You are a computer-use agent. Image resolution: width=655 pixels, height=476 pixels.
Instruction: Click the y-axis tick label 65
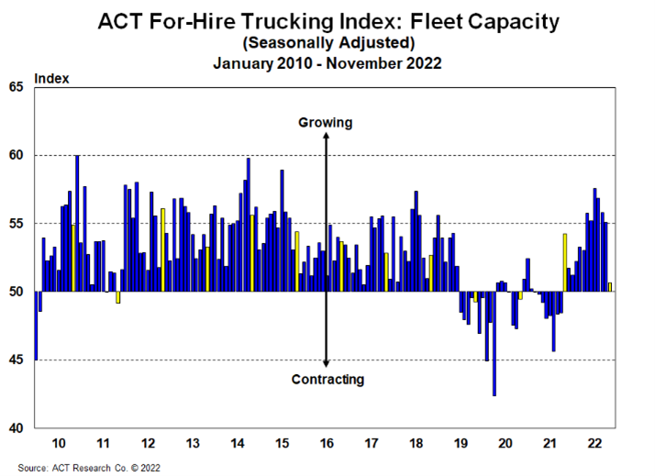[17, 87]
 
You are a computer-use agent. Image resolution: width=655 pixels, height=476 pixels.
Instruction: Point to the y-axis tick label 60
[17, 155]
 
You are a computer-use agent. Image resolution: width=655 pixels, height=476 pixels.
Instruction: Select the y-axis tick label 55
[17, 224]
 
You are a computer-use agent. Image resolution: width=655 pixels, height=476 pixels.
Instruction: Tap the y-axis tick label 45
[17, 360]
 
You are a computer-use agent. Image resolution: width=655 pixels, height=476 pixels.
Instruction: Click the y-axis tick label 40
[17, 428]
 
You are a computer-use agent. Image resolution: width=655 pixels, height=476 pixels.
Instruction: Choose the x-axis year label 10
[59, 444]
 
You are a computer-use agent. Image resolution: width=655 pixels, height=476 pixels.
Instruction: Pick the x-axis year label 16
[326, 444]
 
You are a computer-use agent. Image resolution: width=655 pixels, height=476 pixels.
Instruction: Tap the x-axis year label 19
[461, 444]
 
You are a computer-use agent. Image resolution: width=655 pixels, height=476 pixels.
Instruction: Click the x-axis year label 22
[594, 444]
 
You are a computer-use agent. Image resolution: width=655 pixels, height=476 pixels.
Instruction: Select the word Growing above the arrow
[326, 122]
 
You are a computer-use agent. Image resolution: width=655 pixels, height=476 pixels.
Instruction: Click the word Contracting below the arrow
[327, 379]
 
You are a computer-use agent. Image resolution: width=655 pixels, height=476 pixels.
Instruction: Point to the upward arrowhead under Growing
[326, 135]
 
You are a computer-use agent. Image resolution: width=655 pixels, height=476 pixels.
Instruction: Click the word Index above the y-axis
[51, 78]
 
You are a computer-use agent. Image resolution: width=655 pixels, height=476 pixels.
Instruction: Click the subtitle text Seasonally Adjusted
[327, 42]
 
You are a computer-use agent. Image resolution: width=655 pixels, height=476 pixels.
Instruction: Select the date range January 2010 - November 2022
[327, 63]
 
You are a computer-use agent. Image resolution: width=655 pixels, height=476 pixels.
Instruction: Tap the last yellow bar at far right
[610, 287]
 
